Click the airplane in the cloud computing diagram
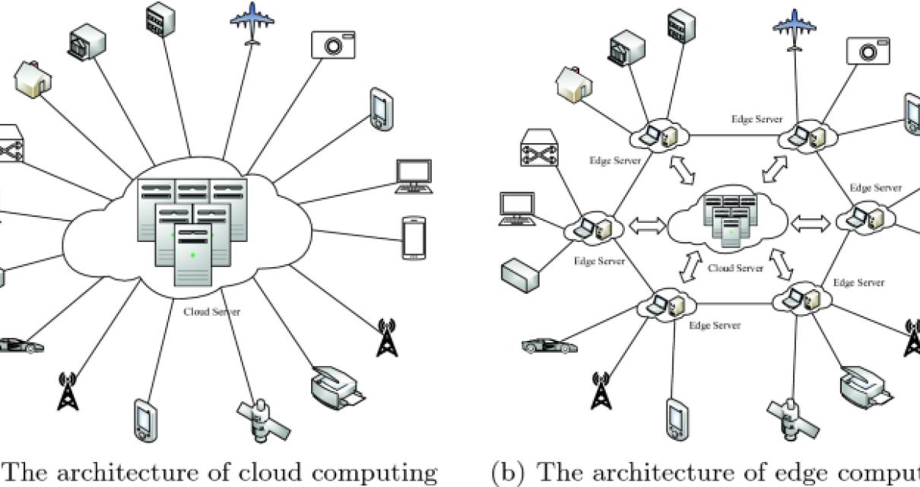(251, 23)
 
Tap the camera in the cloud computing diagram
(333, 45)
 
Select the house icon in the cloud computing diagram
(33, 81)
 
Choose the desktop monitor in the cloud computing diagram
(414, 177)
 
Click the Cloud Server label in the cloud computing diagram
(211, 312)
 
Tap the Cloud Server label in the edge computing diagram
(735, 269)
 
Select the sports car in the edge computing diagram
(550, 345)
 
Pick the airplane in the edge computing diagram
(794, 29)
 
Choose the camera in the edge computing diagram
(868, 50)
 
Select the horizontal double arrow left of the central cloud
(645, 226)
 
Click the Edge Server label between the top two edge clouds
(757, 119)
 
